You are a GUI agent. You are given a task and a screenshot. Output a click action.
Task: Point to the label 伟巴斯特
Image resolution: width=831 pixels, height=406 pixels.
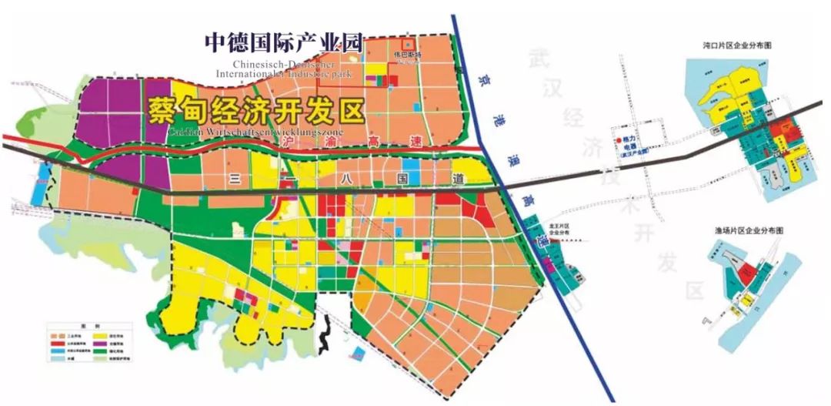(x=409, y=55)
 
